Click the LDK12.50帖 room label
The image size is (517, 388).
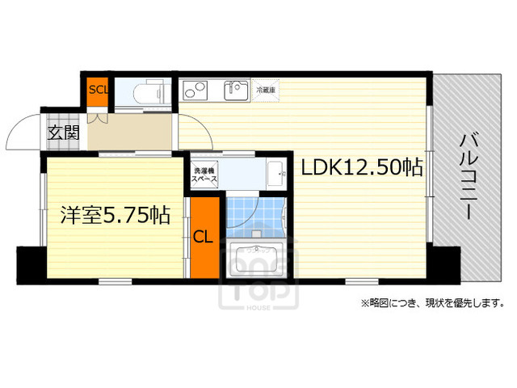(x=363, y=167)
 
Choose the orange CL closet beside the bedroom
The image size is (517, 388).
(x=203, y=237)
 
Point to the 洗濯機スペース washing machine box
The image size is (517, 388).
(x=204, y=177)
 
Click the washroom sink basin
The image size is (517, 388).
(x=275, y=172)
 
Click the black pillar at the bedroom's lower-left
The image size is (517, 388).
(x=27, y=263)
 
